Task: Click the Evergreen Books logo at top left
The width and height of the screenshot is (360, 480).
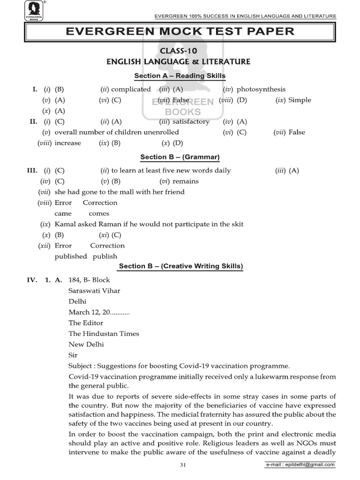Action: [34, 11]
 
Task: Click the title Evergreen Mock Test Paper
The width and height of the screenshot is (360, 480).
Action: [180, 31]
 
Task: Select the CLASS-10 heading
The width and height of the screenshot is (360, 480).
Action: [180, 51]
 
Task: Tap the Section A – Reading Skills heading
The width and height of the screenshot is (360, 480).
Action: [180, 76]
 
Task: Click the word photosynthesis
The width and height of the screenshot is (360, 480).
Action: [261, 89]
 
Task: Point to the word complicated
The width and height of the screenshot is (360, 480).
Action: [131, 89]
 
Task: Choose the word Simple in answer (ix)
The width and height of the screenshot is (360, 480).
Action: [300, 100]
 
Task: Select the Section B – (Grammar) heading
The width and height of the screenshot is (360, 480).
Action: [180, 157]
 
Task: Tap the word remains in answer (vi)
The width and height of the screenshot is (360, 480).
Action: [186, 181]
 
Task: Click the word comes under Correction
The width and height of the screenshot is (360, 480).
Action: [99, 213]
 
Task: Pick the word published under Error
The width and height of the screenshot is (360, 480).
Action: [71, 256]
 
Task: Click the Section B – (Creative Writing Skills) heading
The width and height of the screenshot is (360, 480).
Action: [180, 266]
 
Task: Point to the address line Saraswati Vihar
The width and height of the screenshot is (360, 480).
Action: [94, 291]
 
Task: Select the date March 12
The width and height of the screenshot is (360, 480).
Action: [85, 312]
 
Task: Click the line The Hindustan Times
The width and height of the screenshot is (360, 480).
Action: [104, 334]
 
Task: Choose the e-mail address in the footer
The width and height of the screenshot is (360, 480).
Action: [300, 465]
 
